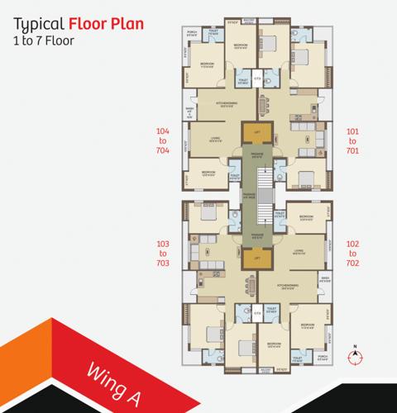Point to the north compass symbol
point(356,357)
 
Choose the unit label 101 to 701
point(352,140)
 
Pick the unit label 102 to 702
point(352,253)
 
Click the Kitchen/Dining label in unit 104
point(227,103)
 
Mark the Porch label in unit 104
point(191,32)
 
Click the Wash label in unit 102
point(324,278)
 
